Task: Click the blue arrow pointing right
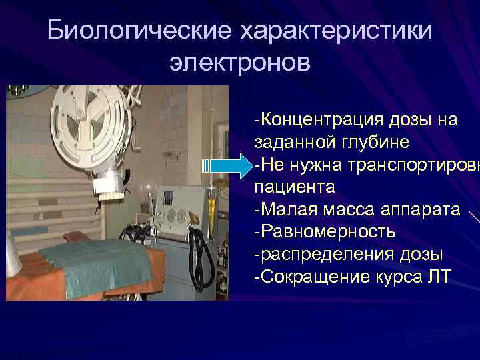coord(226,164)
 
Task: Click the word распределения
coord(329,254)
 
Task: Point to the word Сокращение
coord(314,276)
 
